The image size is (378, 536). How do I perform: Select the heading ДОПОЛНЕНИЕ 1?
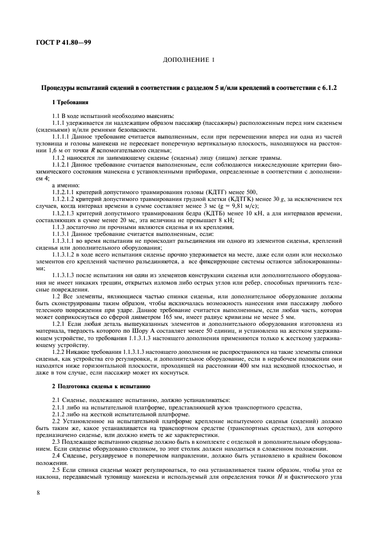(x=189, y=60)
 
